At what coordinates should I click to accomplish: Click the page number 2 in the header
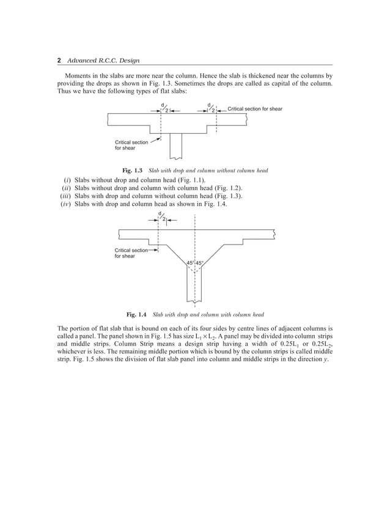point(59,60)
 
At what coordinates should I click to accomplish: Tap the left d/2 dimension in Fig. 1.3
point(164,108)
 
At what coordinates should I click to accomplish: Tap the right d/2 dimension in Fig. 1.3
point(212,108)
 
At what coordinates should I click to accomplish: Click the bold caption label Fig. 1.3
point(132,169)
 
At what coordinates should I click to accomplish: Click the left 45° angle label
point(190,264)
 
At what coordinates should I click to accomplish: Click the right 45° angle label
point(199,264)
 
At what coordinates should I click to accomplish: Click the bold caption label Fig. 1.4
point(136,315)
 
